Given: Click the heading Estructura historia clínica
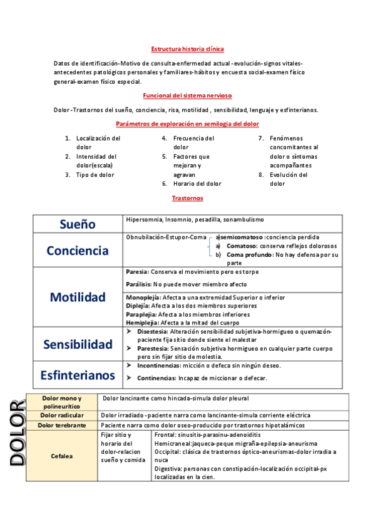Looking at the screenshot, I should click(x=187, y=49).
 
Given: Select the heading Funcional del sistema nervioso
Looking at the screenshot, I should click(x=187, y=96).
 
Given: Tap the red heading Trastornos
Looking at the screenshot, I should click(x=187, y=198).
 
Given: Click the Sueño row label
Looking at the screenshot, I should click(x=78, y=224).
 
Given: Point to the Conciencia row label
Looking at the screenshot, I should click(x=78, y=250).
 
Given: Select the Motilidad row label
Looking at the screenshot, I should click(x=78, y=296).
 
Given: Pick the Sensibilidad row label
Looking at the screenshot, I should click(x=78, y=344).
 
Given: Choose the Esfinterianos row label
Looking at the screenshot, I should click(x=78, y=374).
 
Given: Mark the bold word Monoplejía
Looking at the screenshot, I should click(x=143, y=297).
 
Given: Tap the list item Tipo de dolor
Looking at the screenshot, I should click(x=95, y=175).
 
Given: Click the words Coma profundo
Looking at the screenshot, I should click(x=247, y=254).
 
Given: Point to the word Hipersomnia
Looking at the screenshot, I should click(x=143, y=219).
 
